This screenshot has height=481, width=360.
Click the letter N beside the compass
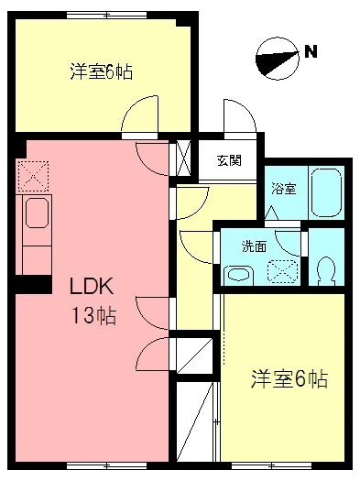(311, 51)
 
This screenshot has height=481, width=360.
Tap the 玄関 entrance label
(229, 160)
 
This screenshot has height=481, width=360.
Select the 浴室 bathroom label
(284, 189)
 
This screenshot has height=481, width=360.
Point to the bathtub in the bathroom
(327, 193)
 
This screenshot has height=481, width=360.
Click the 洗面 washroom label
(255, 246)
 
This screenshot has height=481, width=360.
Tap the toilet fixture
(326, 270)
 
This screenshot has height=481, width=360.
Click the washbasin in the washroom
(239, 276)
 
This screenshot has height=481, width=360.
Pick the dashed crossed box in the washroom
(282, 271)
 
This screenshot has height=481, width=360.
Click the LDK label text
(92, 286)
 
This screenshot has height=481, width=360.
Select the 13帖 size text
(93, 316)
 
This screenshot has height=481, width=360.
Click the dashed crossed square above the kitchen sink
(33, 176)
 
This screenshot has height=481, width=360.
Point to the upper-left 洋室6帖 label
(102, 71)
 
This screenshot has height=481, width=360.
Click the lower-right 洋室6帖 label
(289, 379)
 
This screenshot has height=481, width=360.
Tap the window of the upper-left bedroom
(106, 15)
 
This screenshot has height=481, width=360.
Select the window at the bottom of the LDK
(106, 466)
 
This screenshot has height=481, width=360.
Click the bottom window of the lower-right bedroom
(272, 466)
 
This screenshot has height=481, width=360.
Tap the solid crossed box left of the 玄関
(184, 158)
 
